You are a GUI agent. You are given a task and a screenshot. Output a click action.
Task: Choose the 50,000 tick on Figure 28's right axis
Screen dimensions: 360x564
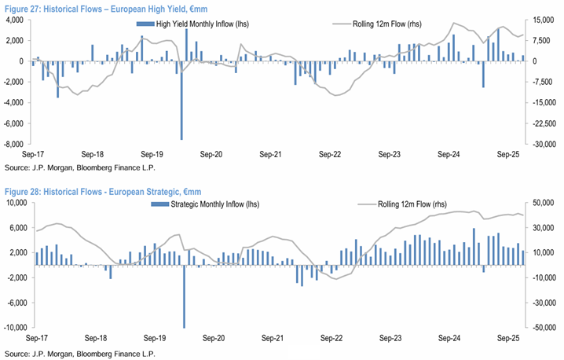tap(542, 203)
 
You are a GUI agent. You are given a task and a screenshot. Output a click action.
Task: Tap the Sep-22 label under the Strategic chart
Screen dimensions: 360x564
tap(328, 338)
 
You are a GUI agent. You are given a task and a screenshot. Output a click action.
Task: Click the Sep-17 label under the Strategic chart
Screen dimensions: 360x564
tap(37, 338)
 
